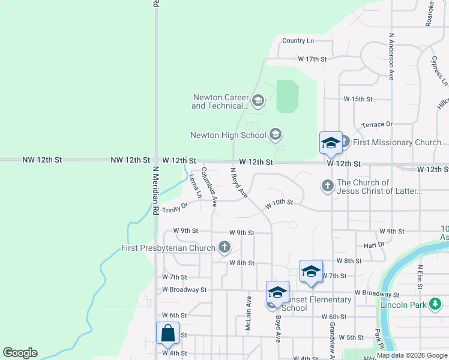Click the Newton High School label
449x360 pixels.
point(228,135)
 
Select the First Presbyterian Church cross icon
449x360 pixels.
point(224,247)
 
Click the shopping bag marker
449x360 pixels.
point(167,333)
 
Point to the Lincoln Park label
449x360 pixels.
point(403,305)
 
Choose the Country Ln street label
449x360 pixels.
point(298,41)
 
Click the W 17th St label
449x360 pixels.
point(312,59)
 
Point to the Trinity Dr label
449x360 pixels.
point(175,209)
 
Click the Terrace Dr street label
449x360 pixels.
point(376,124)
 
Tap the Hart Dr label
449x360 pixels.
point(373,245)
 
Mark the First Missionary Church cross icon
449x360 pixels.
point(344,142)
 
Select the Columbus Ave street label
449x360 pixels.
point(209,187)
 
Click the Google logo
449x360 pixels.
point(20,353)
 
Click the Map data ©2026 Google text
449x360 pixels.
point(412,356)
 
